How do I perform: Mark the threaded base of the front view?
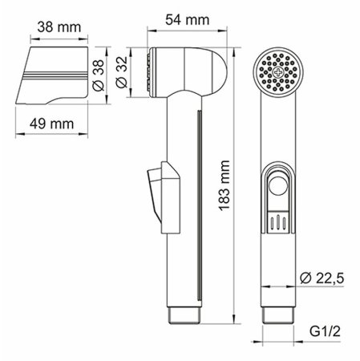coord(279,318)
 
